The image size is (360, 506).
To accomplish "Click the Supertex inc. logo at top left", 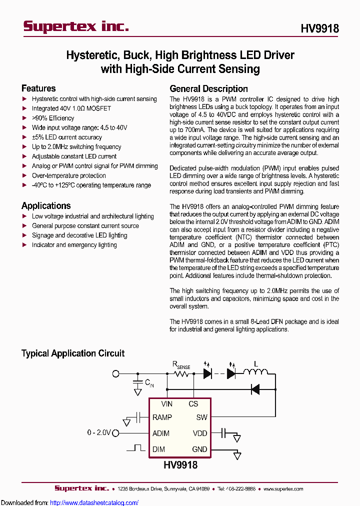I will click(x=76, y=26).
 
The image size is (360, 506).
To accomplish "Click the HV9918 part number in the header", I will click(x=319, y=28).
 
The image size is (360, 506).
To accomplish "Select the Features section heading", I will click(x=38, y=88).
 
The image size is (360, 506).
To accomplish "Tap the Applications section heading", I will click(x=46, y=205).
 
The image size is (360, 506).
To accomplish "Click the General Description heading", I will click(x=208, y=88).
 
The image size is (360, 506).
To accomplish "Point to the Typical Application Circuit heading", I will click(x=73, y=353).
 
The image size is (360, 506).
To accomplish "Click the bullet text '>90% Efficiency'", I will click(x=53, y=118).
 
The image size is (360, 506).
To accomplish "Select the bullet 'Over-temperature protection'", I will click(x=69, y=175).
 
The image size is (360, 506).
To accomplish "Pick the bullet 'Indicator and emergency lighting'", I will click(x=74, y=245).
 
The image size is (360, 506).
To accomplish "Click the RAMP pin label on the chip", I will click(x=162, y=417).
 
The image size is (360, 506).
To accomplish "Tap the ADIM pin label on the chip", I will click(x=161, y=433).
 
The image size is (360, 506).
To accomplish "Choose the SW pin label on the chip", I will click(x=201, y=417).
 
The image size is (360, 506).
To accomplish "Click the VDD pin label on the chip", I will click(x=199, y=433).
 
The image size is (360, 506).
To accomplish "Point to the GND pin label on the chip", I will click(x=199, y=449).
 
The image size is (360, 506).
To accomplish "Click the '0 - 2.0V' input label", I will click(x=98, y=433).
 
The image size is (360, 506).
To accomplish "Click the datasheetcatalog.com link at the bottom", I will click(x=94, y=502).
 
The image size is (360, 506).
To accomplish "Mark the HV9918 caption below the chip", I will click(x=180, y=465).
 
